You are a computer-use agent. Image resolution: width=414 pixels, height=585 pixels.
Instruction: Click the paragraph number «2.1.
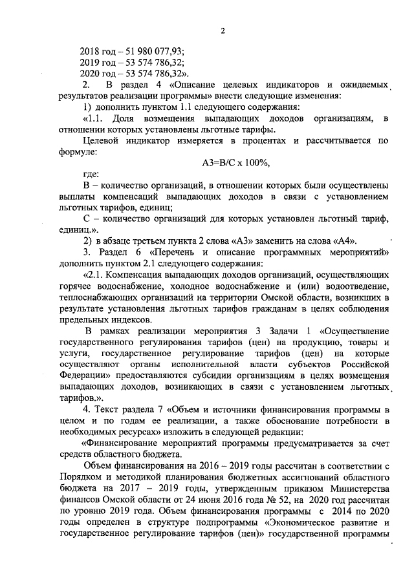tap(93, 274)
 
